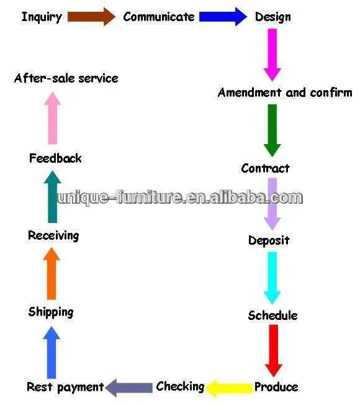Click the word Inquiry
click(42, 17)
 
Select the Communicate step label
click(159, 17)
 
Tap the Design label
click(272, 17)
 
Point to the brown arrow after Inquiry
click(91, 17)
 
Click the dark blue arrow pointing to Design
click(223, 17)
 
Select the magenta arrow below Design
click(272, 55)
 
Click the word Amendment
click(250, 93)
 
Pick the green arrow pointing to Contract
click(272, 130)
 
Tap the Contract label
click(265, 168)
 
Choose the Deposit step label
click(269, 241)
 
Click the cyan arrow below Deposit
click(272, 278)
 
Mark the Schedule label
click(272, 316)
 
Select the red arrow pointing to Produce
click(274, 350)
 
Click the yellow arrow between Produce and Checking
click(229, 388)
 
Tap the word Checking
click(180, 386)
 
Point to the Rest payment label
click(65, 387)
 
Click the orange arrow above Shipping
click(52, 273)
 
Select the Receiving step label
click(53, 236)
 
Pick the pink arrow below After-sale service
click(52, 118)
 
